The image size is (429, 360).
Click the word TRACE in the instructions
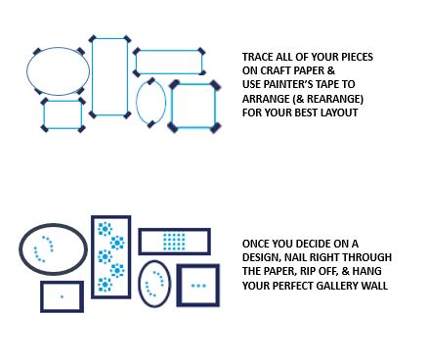(x=258, y=57)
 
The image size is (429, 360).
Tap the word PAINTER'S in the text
(x=286, y=84)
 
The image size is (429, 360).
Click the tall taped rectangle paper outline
(x=92, y=76)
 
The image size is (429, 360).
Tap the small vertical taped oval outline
(x=137, y=102)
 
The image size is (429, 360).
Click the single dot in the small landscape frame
(x=62, y=296)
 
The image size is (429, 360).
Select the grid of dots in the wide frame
(x=174, y=242)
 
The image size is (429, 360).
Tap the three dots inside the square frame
(x=198, y=286)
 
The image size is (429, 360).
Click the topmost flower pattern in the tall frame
(x=105, y=229)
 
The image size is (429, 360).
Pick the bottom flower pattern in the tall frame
(x=105, y=285)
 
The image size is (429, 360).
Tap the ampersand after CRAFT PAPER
(x=330, y=70)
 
